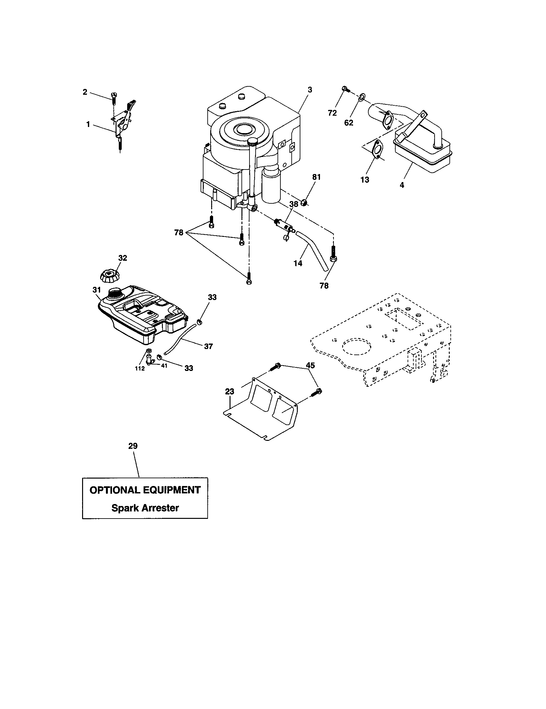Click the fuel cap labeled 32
pyautogui.click(x=109, y=276)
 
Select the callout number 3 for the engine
pyautogui.click(x=310, y=90)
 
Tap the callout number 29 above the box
pyautogui.click(x=133, y=446)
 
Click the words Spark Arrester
pyautogui.click(x=145, y=508)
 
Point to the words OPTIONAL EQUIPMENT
pyautogui.click(x=145, y=490)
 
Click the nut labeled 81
pyautogui.click(x=304, y=203)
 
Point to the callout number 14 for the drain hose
pyautogui.click(x=298, y=263)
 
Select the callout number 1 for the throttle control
pyautogui.click(x=88, y=124)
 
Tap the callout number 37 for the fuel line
pyautogui.click(x=209, y=346)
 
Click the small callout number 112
pyautogui.click(x=140, y=368)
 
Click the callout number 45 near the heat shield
pyautogui.click(x=310, y=365)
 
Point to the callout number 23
pyautogui.click(x=230, y=392)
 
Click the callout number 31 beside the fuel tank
pyautogui.click(x=97, y=289)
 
